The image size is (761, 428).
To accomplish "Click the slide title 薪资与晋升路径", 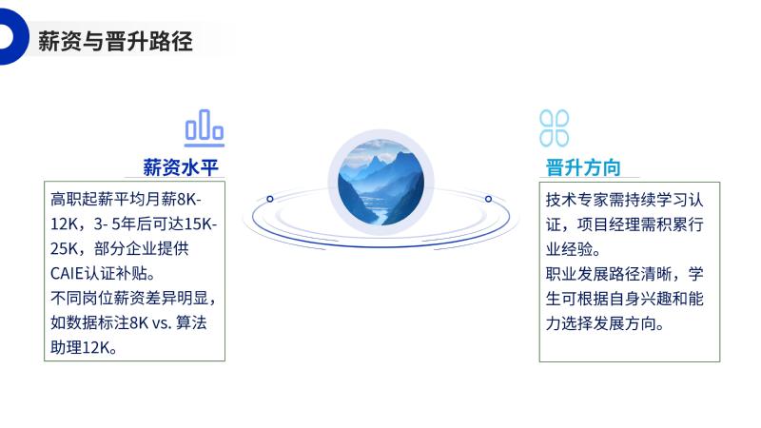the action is (x=115, y=41).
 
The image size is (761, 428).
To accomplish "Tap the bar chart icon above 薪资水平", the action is (x=205, y=128).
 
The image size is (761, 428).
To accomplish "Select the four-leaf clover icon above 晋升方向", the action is (x=555, y=128).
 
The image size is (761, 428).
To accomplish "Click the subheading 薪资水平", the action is (x=181, y=167).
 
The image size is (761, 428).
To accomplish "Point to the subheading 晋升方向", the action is (x=583, y=167).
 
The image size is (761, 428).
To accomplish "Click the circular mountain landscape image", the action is (x=381, y=183).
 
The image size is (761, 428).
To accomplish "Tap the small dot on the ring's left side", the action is (x=270, y=199).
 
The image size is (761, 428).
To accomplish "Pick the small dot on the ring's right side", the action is (x=488, y=199).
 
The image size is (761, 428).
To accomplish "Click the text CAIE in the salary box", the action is (x=67, y=273).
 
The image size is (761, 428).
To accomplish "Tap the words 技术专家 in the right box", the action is (x=576, y=200).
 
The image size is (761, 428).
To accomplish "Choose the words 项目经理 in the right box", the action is (x=608, y=224).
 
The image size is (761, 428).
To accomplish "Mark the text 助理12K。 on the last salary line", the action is (x=84, y=347).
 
